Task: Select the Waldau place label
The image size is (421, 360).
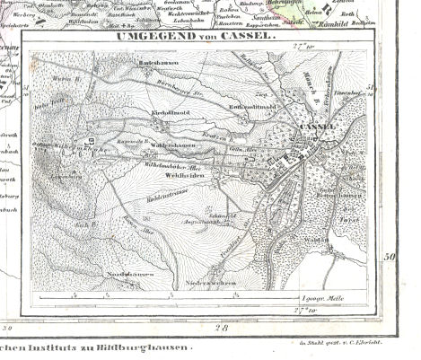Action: click(339, 239)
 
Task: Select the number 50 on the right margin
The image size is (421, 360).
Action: click(389, 259)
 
